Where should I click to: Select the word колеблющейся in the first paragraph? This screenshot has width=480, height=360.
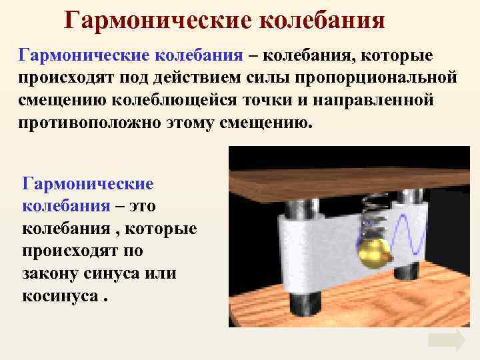click(212, 101)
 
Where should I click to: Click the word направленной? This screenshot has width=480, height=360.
click(380, 101)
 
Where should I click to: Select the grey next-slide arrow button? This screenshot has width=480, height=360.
click(446, 340)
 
